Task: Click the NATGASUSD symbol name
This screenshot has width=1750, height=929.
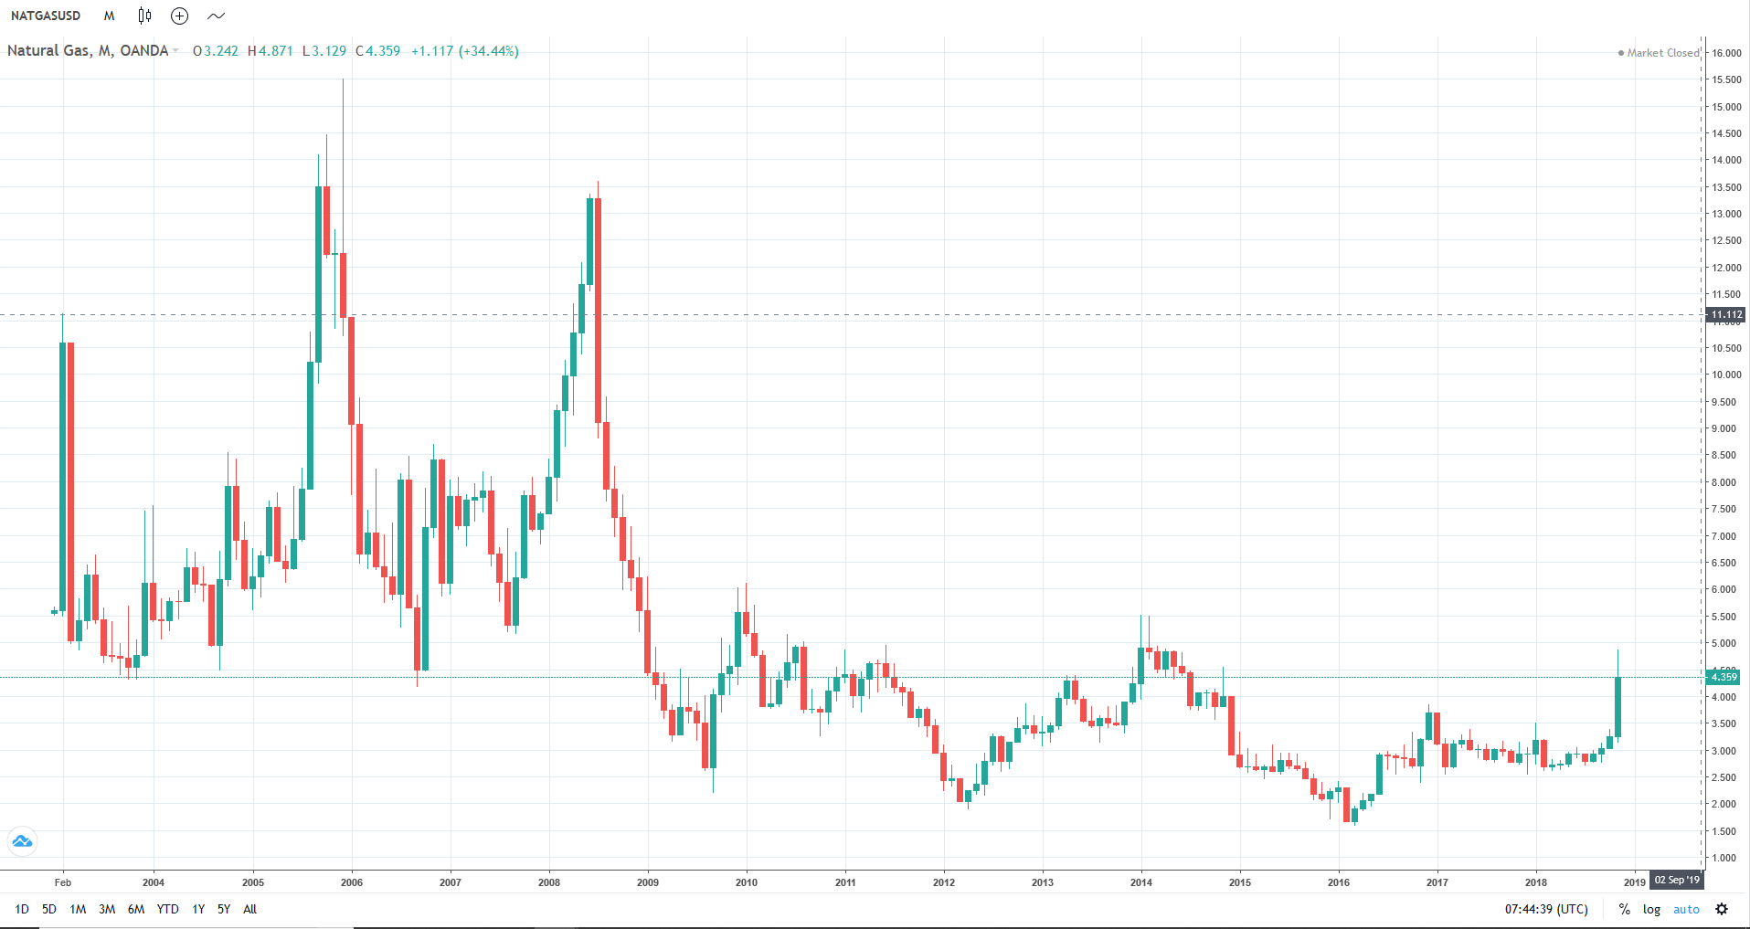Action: (46, 16)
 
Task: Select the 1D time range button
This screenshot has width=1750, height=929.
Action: (22, 909)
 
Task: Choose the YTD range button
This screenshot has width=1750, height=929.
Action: (167, 909)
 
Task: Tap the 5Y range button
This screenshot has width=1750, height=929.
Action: (224, 909)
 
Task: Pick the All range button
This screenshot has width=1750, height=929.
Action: (249, 909)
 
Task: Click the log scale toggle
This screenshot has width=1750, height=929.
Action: (1651, 909)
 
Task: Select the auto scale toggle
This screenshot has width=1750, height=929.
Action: (1686, 909)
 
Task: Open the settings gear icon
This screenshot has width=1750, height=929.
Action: (1722, 909)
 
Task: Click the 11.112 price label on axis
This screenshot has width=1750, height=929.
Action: (1726, 314)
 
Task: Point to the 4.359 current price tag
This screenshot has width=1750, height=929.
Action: (1723, 677)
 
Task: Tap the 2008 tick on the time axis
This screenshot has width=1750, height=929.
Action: (549, 882)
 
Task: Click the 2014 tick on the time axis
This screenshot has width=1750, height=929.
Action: (1141, 882)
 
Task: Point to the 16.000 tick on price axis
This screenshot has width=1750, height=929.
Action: (1726, 53)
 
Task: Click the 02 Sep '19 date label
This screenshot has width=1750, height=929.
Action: (1677, 881)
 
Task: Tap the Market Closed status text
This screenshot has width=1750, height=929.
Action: (1662, 53)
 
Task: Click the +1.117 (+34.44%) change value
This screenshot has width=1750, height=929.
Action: (464, 51)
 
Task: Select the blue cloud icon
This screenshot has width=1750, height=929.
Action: (22, 840)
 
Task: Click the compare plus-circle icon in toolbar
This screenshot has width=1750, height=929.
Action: (180, 16)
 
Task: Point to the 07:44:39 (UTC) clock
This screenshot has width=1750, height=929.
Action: (1546, 909)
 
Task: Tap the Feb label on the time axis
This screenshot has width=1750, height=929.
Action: (63, 882)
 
